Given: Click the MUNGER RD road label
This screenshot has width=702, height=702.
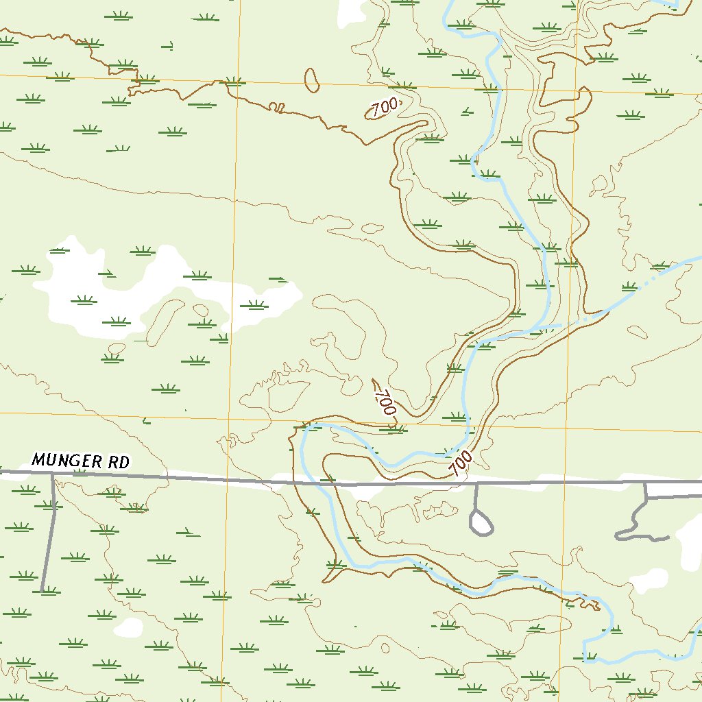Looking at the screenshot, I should pos(80,461).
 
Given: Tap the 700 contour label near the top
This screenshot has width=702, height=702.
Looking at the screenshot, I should pos(385,108).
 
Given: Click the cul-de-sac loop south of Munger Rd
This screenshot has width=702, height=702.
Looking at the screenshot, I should pos(481,524).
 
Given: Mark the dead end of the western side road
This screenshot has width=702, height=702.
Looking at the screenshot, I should pos(43,590).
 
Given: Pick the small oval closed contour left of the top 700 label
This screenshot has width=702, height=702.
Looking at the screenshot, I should pos(311,80).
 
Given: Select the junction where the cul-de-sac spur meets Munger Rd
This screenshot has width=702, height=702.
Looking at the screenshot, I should pos(476,483).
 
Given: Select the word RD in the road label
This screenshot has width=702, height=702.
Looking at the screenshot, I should pos(118,462).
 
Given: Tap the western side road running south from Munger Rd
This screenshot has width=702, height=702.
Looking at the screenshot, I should pos(49,535).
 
